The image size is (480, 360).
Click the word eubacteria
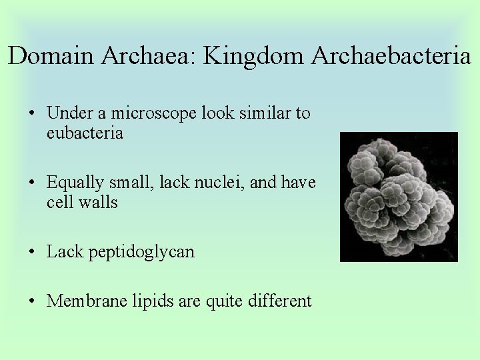click(85, 133)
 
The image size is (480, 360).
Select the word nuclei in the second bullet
click(221, 182)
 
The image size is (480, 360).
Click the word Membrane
click(83, 301)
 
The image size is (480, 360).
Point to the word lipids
click(147, 301)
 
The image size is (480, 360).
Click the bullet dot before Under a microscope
click(32, 114)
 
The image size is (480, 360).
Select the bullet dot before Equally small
click(32, 183)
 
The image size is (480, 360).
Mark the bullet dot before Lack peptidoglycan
click(32, 252)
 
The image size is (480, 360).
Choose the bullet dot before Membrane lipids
click(32, 301)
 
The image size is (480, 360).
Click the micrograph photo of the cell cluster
click(399, 197)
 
